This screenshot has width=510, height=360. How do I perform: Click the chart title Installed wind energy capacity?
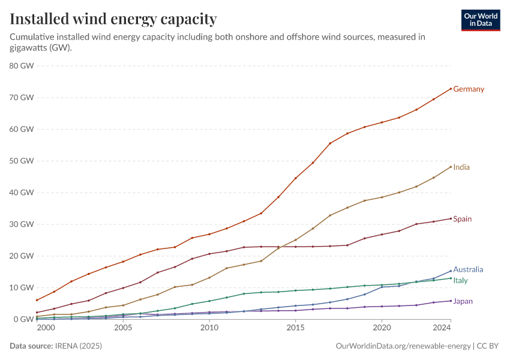(113, 19)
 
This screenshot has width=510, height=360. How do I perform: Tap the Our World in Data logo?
(480, 19)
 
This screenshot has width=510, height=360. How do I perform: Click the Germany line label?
(469, 89)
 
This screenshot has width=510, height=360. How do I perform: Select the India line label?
(461, 167)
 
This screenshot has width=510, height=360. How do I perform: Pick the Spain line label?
(463, 219)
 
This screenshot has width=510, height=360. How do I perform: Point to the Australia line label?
(468, 270)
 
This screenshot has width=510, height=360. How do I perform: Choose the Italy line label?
(460, 281)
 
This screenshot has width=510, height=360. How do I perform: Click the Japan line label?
(463, 301)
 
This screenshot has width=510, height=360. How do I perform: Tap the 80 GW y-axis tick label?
(22, 66)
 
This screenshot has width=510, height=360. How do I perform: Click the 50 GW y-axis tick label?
(22, 161)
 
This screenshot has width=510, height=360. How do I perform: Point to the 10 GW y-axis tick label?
(22, 288)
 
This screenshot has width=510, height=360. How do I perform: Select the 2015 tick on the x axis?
(295, 328)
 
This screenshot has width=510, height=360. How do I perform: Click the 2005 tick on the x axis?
(123, 328)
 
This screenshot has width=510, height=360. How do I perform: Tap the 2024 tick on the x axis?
(442, 328)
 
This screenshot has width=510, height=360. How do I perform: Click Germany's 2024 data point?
(451, 89)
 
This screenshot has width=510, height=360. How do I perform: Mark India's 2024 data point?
(451, 167)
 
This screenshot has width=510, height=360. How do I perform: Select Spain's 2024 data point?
(451, 218)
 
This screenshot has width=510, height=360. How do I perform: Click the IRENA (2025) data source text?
(78, 346)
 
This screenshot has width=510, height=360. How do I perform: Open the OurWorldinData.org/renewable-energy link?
(403, 346)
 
